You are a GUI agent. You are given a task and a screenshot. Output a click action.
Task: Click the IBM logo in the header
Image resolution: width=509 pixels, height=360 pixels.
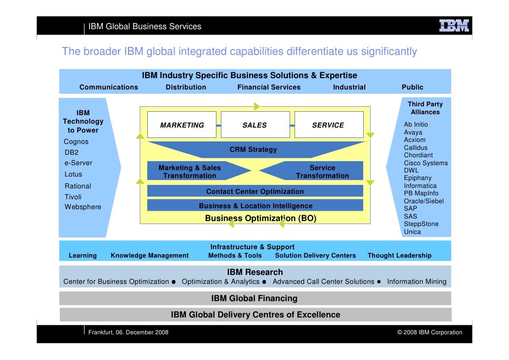click(x=454, y=26)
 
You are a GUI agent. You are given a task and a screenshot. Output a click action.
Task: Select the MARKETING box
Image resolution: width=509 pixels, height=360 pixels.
click(x=182, y=125)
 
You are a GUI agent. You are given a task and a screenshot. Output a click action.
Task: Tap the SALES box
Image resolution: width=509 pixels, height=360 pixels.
click(x=254, y=125)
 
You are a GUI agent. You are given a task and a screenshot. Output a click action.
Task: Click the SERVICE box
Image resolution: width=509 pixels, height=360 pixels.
click(x=328, y=125)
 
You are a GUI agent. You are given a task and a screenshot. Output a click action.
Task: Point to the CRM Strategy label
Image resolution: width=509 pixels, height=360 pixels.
click(x=253, y=149)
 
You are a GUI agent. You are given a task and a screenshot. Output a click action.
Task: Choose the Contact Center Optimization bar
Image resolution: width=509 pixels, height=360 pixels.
click(x=255, y=191)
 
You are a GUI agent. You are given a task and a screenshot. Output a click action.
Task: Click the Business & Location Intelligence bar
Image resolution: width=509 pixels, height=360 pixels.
click(x=255, y=206)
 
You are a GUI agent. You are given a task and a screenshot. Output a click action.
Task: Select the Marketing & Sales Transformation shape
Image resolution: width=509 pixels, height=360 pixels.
click(x=190, y=172)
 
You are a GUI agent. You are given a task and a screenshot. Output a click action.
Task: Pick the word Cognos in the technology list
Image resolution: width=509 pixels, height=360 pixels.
click(x=77, y=141)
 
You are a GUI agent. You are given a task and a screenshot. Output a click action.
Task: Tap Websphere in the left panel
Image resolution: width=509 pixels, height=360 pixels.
click(x=83, y=207)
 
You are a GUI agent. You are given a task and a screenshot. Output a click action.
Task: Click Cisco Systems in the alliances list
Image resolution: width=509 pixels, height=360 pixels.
click(x=425, y=163)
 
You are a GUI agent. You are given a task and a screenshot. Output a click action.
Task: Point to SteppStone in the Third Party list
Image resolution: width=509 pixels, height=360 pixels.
click(x=421, y=224)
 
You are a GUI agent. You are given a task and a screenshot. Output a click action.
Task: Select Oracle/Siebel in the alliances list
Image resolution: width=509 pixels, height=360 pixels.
click(x=424, y=201)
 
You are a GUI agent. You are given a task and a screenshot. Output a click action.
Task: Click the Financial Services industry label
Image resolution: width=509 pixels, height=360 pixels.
click(x=269, y=87)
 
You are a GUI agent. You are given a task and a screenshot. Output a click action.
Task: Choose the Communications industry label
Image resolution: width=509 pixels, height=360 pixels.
click(x=109, y=87)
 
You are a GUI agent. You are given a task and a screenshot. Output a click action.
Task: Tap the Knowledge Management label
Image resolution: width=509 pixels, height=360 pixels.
click(x=150, y=256)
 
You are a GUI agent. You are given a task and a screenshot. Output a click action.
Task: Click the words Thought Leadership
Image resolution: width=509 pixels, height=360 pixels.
click(x=399, y=256)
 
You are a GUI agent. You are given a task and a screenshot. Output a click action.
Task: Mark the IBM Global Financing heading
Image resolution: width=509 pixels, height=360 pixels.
click(x=254, y=298)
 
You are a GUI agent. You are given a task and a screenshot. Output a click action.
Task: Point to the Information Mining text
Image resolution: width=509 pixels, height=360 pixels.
click(x=417, y=282)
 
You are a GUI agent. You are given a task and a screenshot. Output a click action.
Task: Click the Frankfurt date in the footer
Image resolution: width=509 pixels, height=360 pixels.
click(x=128, y=332)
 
